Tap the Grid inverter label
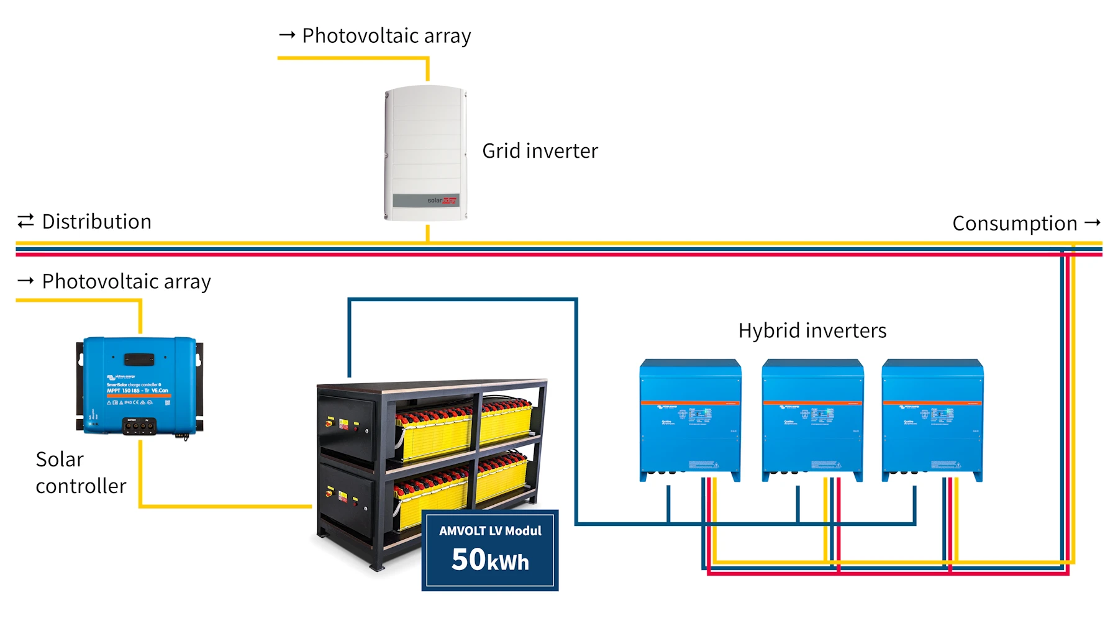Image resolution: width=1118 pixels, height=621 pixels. click(540, 151)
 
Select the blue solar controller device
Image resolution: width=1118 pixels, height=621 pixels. click(140, 385)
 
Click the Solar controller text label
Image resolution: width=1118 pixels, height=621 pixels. click(81, 473)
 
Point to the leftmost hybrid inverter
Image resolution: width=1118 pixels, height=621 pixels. click(690, 420)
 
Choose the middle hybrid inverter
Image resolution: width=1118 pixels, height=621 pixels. click(812, 420)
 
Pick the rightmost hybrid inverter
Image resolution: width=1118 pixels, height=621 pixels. click(932, 420)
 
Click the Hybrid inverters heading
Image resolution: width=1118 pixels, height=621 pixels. click(812, 330)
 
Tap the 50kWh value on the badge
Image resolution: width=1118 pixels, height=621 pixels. click(490, 560)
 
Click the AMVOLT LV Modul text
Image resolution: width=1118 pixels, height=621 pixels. click(490, 531)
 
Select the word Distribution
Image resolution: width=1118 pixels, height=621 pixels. click(96, 222)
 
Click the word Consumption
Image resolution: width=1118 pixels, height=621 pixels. click(1014, 224)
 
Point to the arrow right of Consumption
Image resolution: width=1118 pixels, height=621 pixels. click(1093, 222)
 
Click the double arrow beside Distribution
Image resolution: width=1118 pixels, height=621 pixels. click(25, 221)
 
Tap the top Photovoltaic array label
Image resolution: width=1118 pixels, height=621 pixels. click(386, 36)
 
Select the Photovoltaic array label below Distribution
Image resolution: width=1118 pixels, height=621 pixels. click(126, 281)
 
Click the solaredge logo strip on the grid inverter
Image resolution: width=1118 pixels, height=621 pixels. click(426, 201)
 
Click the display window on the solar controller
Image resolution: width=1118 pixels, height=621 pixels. click(139, 359)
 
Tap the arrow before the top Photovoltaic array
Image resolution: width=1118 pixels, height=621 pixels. click(287, 35)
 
